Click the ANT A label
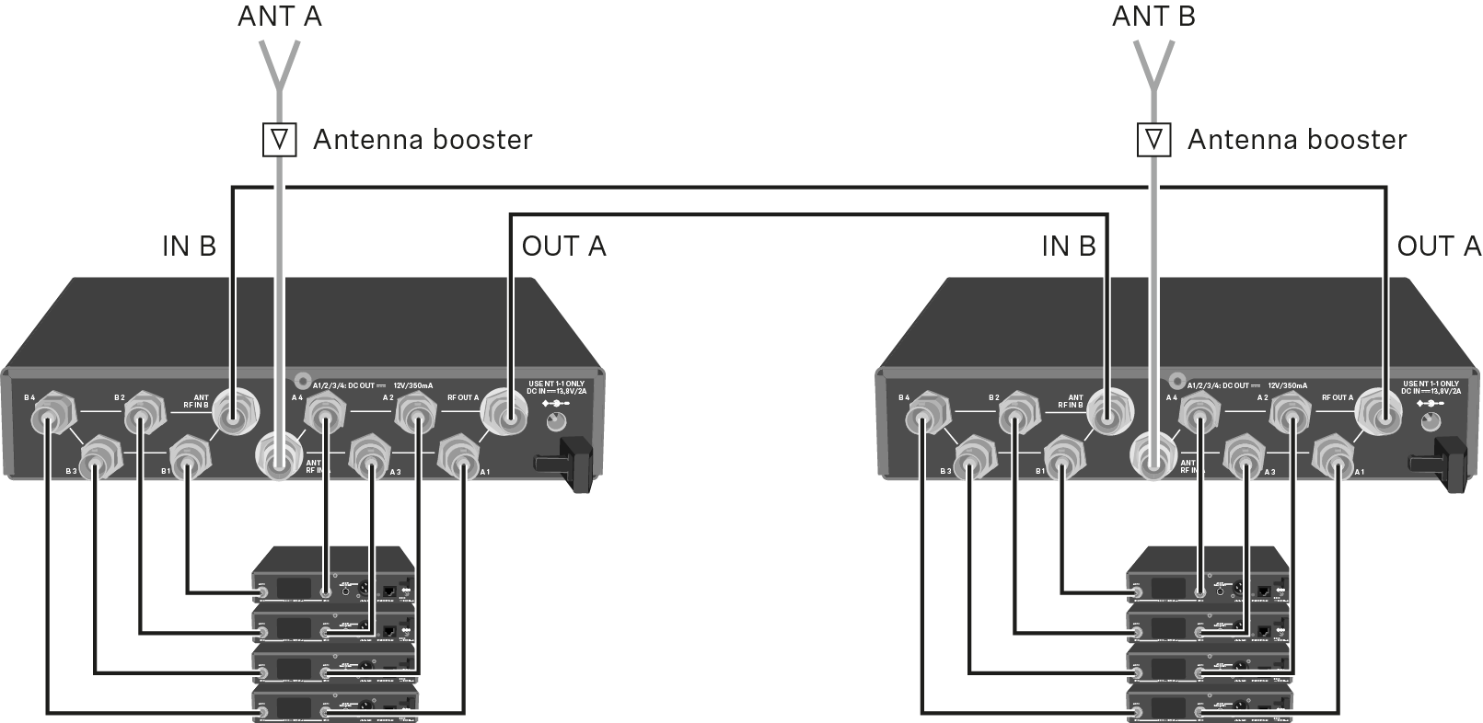(279, 16)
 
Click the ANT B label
(1153, 16)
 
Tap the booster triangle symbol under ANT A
(280, 140)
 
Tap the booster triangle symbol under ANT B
(1153, 140)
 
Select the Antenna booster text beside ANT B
(1296, 140)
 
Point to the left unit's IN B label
(189, 247)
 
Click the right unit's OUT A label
(1439, 247)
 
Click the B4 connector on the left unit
(47, 421)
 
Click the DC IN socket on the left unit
(555, 422)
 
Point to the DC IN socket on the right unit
(1430, 422)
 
